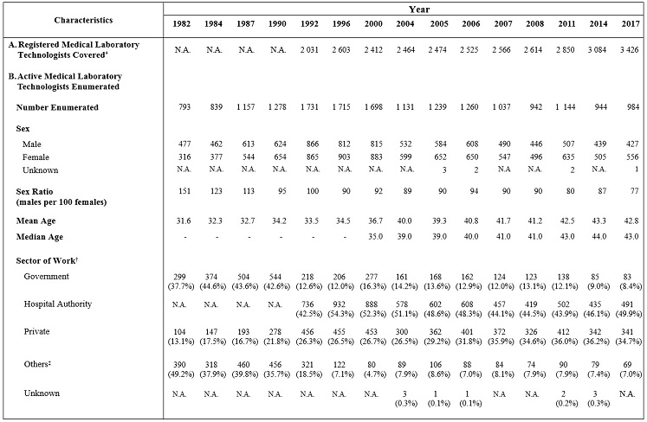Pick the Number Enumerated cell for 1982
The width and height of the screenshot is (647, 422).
[x=183, y=108]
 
